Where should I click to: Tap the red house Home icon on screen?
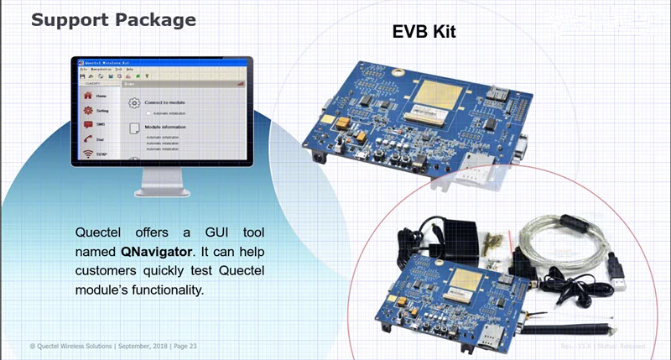pyautogui.click(x=88, y=97)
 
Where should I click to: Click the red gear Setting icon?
pyautogui.click(x=88, y=110)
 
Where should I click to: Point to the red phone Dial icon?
pyautogui.click(x=88, y=138)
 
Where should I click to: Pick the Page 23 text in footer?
pyautogui.click(x=185, y=347)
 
